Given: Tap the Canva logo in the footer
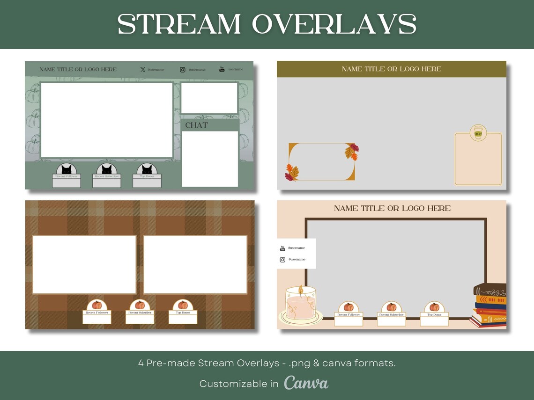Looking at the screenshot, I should tap(306, 383).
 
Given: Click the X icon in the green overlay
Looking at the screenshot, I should tap(143, 70).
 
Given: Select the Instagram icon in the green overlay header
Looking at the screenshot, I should tap(183, 70).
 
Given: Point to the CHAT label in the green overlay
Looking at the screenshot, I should tap(196, 125).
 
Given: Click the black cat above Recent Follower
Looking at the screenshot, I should tap(67, 169).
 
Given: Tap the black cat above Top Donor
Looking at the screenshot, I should tap(147, 169).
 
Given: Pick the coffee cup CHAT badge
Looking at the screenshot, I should tap(478, 133).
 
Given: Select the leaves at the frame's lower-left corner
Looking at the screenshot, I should tap(292, 173).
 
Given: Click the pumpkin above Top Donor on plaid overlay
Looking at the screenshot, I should tap(183, 305).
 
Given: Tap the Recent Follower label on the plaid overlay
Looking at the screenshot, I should tap(97, 313).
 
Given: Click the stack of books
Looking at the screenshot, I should tap(490, 305).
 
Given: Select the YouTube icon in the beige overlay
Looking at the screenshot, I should tap(282, 248).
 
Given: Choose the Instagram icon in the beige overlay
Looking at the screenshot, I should tap(282, 260).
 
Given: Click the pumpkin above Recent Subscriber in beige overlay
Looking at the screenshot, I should tap(391, 307).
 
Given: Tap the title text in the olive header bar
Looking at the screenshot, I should tap(391, 69).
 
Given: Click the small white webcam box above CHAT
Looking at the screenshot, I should tap(209, 98).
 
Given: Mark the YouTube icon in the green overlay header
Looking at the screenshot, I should tap(222, 70).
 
